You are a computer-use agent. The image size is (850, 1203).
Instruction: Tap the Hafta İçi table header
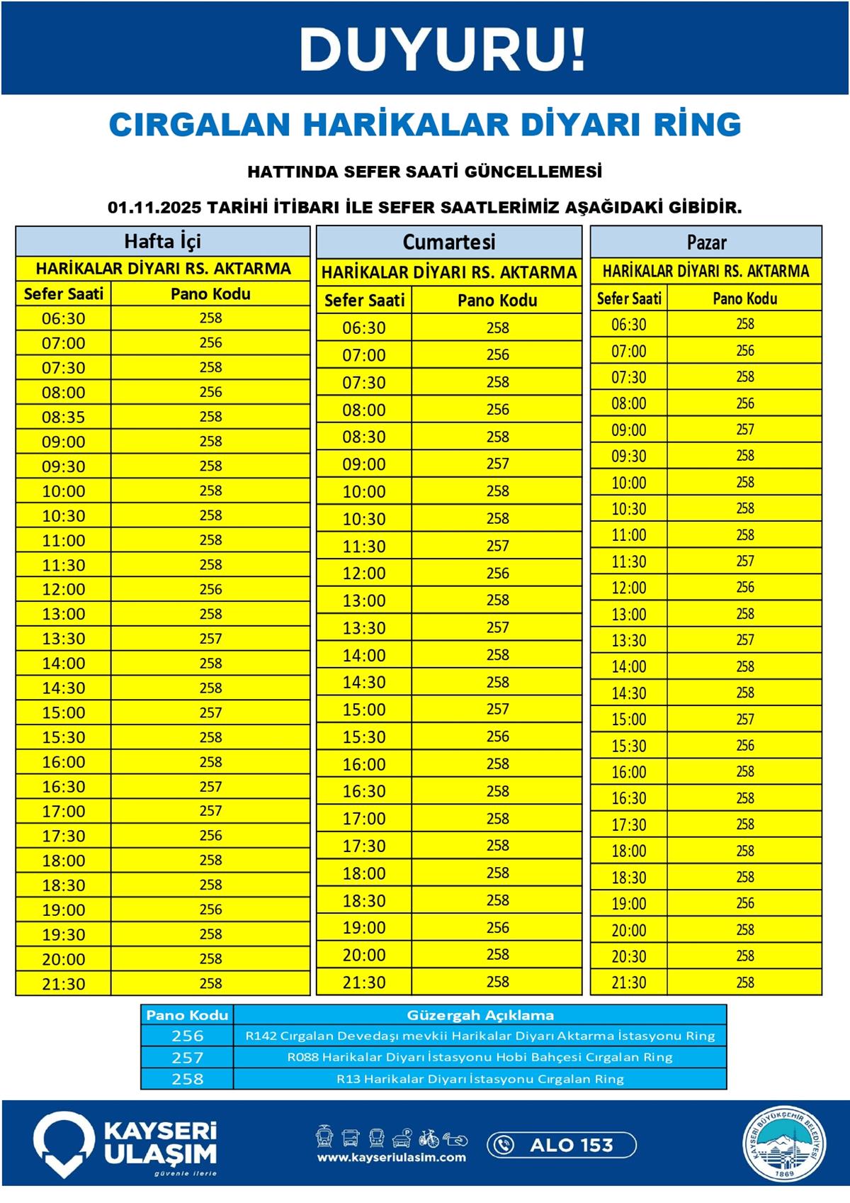point(162,241)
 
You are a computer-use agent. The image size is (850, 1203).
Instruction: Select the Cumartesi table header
point(448,242)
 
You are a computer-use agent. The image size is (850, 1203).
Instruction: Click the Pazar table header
point(706,242)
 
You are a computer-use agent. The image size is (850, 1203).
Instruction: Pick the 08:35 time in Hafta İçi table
point(64,417)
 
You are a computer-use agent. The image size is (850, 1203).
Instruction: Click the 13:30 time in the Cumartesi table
point(364,628)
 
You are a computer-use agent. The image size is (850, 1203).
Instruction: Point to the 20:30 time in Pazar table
point(629,956)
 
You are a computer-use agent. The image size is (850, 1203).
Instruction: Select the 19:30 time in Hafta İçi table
point(64,934)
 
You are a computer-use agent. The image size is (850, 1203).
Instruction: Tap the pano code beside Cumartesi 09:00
point(497,464)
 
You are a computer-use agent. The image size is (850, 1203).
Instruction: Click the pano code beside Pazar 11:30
point(744,561)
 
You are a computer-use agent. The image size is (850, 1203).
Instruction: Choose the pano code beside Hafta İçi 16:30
point(210,786)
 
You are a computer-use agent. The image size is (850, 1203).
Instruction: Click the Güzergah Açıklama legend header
point(480,1015)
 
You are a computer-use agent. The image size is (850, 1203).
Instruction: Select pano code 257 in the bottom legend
point(187,1057)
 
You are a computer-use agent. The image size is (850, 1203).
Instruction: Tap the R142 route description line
point(480,1036)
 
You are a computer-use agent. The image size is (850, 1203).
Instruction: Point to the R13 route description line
point(480,1079)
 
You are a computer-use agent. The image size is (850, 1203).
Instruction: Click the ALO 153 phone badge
point(562,1144)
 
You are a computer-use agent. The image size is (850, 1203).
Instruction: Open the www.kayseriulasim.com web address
point(391,1158)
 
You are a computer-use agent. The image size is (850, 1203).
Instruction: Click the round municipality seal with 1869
point(784,1145)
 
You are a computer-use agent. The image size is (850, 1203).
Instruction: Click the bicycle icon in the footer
point(429,1138)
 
